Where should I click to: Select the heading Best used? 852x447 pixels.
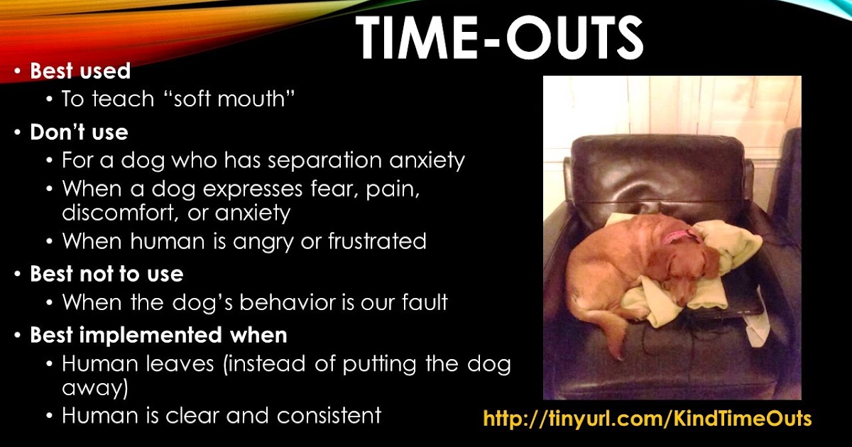[80, 71]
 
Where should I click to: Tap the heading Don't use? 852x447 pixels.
[79, 133]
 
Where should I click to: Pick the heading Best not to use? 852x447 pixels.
[106, 274]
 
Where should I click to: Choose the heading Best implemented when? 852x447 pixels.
[158, 335]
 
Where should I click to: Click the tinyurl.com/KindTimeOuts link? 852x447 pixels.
[647, 419]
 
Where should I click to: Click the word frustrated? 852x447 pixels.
[376, 241]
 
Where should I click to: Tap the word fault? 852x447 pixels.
[422, 302]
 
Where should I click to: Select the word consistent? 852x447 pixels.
[329, 415]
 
